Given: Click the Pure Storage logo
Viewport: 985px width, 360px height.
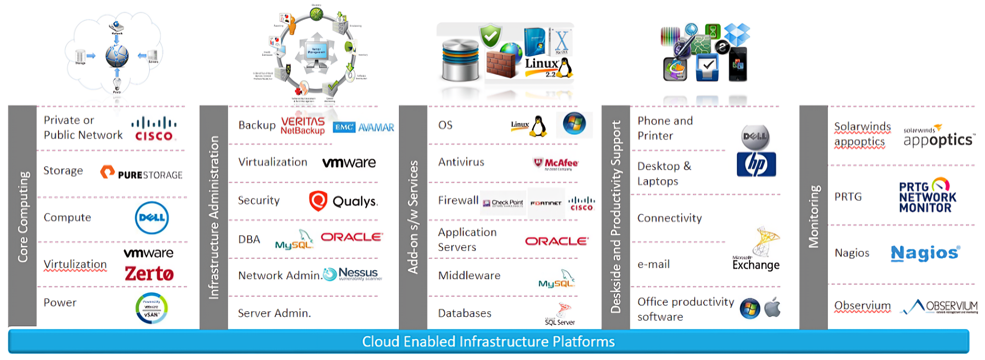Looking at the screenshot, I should (x=141, y=174).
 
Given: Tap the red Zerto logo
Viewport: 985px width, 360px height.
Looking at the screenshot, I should (x=149, y=274).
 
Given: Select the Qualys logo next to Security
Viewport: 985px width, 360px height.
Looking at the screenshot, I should (x=343, y=201).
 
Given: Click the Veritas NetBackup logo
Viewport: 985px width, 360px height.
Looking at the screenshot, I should (x=303, y=125).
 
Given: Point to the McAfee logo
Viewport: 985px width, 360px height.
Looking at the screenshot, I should (x=556, y=163).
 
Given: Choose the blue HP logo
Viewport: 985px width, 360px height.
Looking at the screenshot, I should (x=756, y=164).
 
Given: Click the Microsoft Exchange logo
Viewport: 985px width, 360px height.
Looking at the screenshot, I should (x=757, y=250).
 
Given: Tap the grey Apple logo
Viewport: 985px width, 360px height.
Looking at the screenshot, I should (x=772, y=308).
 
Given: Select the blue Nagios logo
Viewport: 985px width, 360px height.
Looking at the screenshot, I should (x=925, y=253).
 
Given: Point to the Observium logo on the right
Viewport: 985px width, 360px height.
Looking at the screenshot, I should (x=941, y=307).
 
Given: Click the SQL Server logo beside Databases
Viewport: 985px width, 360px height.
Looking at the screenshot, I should (x=560, y=314).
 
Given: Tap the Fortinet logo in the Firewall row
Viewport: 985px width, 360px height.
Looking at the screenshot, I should (x=546, y=203).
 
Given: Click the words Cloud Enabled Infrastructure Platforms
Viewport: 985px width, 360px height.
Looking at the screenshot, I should (x=488, y=342).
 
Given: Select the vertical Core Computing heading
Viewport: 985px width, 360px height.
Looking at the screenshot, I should (x=22, y=216).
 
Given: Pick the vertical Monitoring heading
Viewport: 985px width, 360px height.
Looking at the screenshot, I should (x=814, y=216).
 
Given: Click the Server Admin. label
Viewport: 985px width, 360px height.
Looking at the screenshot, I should (x=274, y=313).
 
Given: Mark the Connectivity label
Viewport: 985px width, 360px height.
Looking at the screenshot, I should (x=669, y=218).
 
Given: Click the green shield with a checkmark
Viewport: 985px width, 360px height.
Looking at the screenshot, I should (x=490, y=37).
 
